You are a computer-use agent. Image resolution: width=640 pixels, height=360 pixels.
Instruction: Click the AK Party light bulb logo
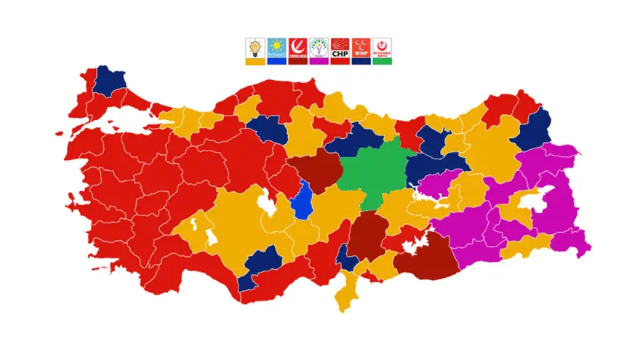(x=255, y=48)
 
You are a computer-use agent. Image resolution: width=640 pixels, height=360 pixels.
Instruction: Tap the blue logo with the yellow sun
(x=276, y=48)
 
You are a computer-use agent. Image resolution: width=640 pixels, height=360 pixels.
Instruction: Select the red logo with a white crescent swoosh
(x=297, y=48)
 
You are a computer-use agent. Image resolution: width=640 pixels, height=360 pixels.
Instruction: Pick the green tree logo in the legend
(x=319, y=48)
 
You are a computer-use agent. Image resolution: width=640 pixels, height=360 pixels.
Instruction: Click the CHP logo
(x=340, y=48)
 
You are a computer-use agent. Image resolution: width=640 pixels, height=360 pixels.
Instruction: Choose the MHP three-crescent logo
(x=361, y=48)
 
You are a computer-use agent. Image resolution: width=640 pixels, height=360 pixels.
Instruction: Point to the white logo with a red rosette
(x=383, y=48)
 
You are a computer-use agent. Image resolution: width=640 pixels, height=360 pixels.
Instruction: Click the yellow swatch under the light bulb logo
(x=255, y=62)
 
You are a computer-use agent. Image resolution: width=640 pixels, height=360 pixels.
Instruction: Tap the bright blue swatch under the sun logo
(x=276, y=62)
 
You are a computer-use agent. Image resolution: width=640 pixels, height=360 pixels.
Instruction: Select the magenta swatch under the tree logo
(x=319, y=62)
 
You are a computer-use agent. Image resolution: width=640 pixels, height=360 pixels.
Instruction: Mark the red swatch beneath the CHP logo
(x=340, y=62)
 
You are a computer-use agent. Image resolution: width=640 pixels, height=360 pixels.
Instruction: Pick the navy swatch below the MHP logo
(x=361, y=62)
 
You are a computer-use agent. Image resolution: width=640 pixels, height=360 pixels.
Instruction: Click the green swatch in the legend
(x=383, y=62)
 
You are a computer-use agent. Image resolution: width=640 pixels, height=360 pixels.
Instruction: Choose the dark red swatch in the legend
(x=297, y=62)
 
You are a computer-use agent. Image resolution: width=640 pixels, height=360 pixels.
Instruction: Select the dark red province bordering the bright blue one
(x=315, y=172)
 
